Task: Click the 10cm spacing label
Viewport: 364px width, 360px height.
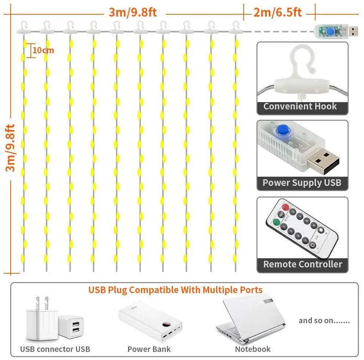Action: pos(43,50)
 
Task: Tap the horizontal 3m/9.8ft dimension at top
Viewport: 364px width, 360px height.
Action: pos(132,12)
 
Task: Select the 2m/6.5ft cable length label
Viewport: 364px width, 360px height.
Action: pos(277,12)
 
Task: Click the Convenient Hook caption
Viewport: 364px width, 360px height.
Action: pos(300,107)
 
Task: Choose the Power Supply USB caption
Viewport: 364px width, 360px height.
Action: pos(302,183)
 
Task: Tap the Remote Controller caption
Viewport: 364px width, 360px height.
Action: pos(302,264)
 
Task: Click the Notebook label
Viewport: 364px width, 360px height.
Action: pos(252,349)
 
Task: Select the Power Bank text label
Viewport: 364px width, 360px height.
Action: pos(149,349)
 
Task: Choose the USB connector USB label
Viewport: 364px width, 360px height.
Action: pos(55,349)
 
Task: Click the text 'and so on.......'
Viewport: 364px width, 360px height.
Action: pos(324,321)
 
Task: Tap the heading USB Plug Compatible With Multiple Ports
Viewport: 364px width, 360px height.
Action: pos(175,290)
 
